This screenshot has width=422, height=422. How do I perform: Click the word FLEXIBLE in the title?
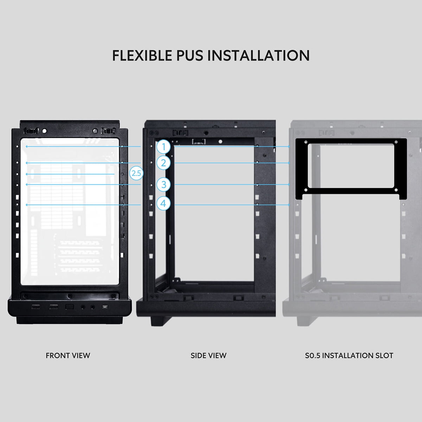click(142, 56)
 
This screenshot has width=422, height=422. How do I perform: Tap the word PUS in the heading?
click(190, 56)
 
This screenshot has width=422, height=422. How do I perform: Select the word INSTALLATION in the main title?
click(258, 56)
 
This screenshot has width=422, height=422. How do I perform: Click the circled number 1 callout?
click(164, 147)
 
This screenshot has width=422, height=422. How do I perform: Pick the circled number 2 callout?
click(164, 163)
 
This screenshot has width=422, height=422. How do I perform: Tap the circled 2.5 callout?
click(136, 173)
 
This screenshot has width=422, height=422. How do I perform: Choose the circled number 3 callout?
click(164, 184)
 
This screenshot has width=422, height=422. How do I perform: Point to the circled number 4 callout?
click(164, 204)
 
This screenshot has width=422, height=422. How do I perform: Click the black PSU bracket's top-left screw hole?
click(306, 142)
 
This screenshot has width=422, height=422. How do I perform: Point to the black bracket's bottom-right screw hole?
click(396, 190)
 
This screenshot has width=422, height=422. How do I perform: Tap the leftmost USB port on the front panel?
click(36, 307)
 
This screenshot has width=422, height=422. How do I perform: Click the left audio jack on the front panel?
click(83, 307)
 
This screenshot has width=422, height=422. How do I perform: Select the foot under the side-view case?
click(159, 321)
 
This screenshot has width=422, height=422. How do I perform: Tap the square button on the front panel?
click(69, 307)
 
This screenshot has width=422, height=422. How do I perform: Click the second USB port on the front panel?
click(54, 307)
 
